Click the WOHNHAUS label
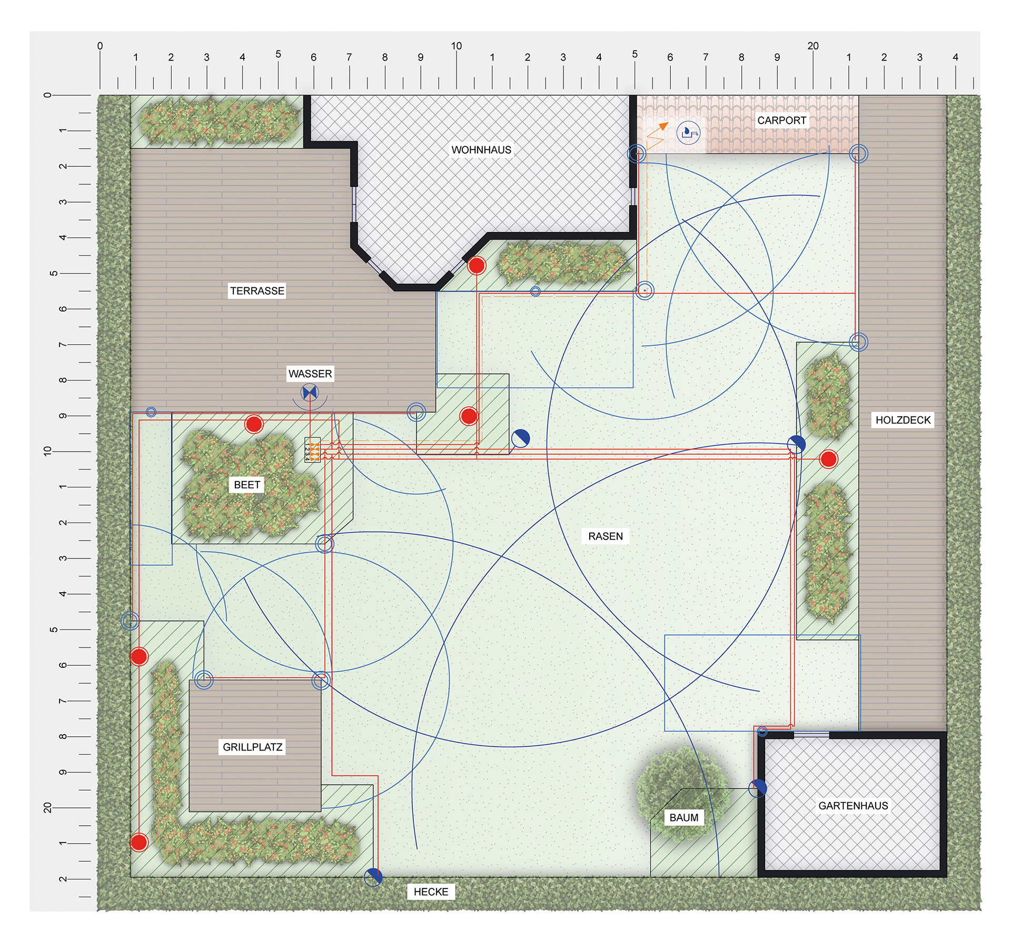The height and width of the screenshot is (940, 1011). point(481,150)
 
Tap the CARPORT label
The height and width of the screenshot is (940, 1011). point(781,121)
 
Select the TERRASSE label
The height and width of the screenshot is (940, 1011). point(257,291)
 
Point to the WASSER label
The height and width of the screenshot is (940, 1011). point(310,374)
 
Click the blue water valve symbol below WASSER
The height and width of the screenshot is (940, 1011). point(310,393)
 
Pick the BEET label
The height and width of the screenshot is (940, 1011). point(247,485)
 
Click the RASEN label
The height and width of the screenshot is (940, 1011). point(606,536)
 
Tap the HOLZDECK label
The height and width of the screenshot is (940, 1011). point(903,420)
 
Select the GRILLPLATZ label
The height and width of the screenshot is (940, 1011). point(253,747)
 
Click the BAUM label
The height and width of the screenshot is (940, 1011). point(684,817)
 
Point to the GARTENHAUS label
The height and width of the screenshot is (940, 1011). point(853,806)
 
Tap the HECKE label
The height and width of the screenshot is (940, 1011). point(431,892)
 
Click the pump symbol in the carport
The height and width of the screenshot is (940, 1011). point(688,132)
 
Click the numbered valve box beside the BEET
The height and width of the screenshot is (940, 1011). point(312,451)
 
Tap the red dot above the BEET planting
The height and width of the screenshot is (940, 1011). point(254,424)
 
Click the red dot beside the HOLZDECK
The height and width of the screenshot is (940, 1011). point(829,459)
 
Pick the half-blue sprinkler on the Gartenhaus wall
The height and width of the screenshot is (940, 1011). point(758,788)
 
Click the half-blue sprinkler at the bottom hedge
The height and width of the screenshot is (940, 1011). point(373,877)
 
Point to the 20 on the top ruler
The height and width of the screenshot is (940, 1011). point(813,46)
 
